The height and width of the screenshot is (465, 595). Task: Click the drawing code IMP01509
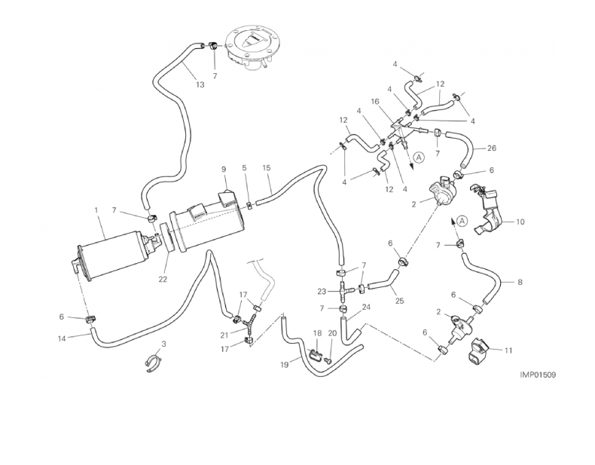[x=537, y=374]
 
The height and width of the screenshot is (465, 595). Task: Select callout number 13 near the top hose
[x=200, y=85]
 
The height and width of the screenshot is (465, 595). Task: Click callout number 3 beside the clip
[x=163, y=344]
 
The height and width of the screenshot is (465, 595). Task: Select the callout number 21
[x=224, y=335]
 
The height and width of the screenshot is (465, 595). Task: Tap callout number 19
[x=285, y=365]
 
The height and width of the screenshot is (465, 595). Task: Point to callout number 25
[x=399, y=301]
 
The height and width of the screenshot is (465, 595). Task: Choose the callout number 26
[x=492, y=148]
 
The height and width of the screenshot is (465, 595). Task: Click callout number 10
[x=519, y=222]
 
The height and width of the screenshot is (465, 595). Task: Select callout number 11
[x=508, y=350]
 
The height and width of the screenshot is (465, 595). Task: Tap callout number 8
[x=520, y=283]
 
